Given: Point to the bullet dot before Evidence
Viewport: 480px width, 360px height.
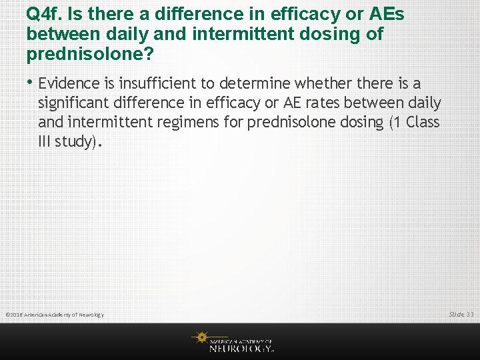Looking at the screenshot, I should coord(31,83).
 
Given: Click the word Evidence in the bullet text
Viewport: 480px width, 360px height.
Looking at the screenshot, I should coord(69,84).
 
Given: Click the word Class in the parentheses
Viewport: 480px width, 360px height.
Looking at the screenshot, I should coord(421,123).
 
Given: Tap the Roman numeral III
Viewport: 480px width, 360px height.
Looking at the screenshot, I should coord(47,142).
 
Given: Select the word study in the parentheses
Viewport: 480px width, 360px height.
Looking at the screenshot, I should coord(78,142).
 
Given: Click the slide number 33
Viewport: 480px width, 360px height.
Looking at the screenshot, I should coord(470,314).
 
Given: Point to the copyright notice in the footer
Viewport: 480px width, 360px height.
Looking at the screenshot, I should coord(55,315).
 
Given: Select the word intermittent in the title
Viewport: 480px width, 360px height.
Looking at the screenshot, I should coord(291,33).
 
